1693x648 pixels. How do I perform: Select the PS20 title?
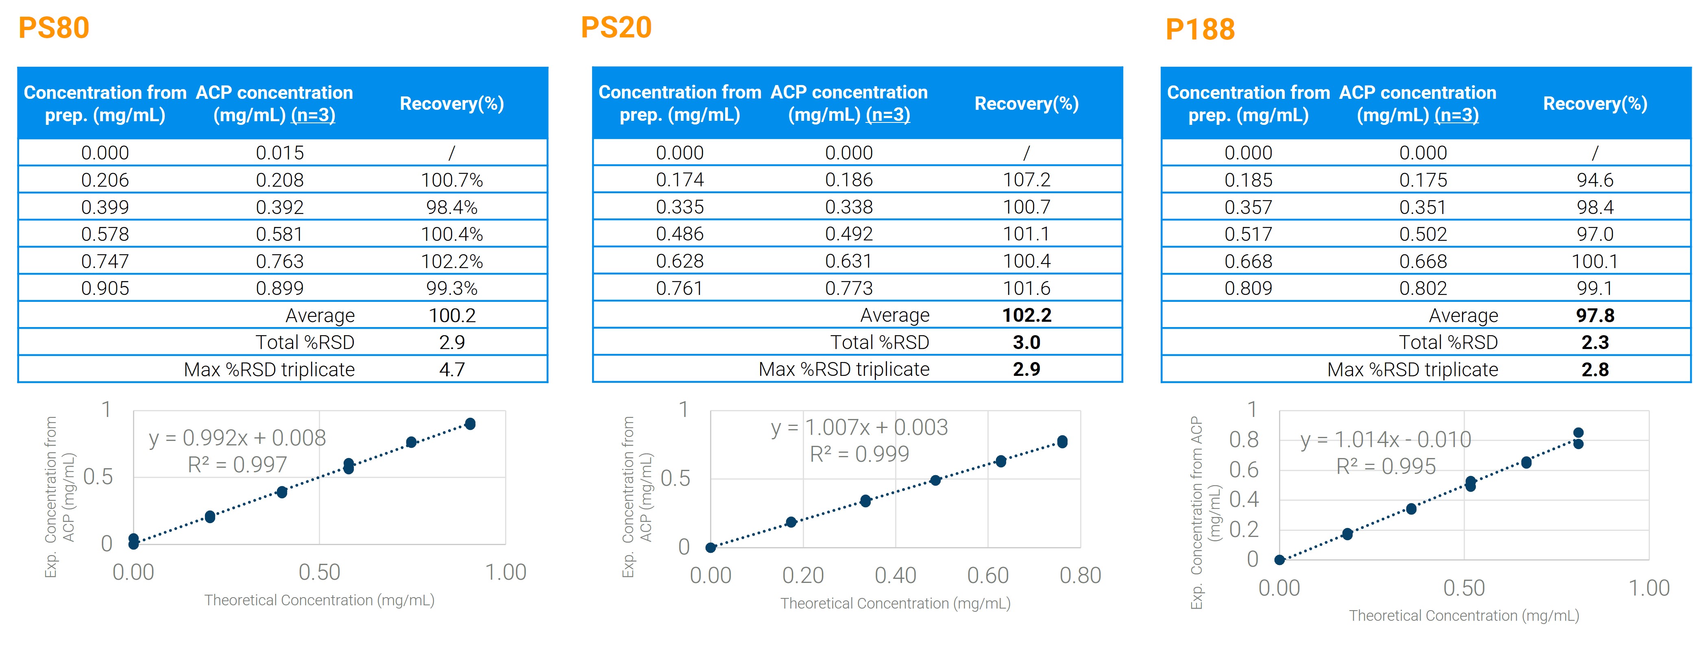616,28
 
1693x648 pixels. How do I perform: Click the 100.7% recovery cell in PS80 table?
451,180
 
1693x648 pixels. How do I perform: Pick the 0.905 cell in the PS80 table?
105,288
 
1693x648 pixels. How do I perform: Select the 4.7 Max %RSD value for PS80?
451,369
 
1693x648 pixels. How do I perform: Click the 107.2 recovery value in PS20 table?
1026,180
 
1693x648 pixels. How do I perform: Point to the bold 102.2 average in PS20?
1026,315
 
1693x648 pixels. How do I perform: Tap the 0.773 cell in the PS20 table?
848,288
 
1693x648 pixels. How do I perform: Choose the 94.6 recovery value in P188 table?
1595,180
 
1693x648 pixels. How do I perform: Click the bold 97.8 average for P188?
1595,315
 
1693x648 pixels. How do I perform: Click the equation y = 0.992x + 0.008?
237,438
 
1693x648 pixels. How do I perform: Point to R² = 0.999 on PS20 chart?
859,454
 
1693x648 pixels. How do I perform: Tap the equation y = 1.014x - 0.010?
1386,439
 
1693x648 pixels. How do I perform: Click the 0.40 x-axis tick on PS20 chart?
895,576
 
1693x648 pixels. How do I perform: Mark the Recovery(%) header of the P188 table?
1595,104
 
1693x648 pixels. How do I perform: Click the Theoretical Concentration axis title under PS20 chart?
895,603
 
